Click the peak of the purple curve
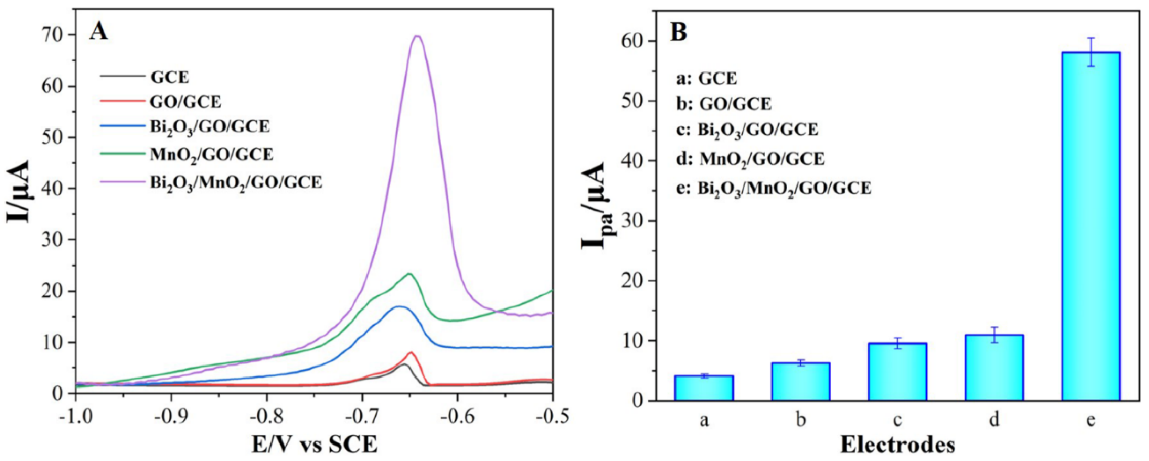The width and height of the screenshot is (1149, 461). point(417,36)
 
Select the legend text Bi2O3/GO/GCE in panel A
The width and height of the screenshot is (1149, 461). point(210,127)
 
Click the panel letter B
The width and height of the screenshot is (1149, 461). point(679,32)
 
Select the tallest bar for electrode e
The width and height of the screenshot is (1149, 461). point(1091,232)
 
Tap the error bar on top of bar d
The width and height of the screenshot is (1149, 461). point(994,341)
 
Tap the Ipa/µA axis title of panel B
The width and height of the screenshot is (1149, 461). point(595,205)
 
